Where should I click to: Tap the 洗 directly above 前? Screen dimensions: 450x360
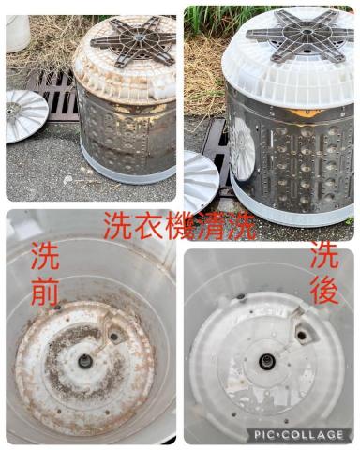(44, 255)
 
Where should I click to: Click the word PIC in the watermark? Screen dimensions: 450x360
(270, 434)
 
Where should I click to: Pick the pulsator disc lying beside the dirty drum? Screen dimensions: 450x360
(25, 114)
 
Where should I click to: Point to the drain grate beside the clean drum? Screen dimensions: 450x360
(215, 150)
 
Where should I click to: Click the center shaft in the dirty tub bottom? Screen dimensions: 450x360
(85, 361)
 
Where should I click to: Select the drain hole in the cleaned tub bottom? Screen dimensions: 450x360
(302, 333)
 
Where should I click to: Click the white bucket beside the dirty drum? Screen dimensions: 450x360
(18, 33)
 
